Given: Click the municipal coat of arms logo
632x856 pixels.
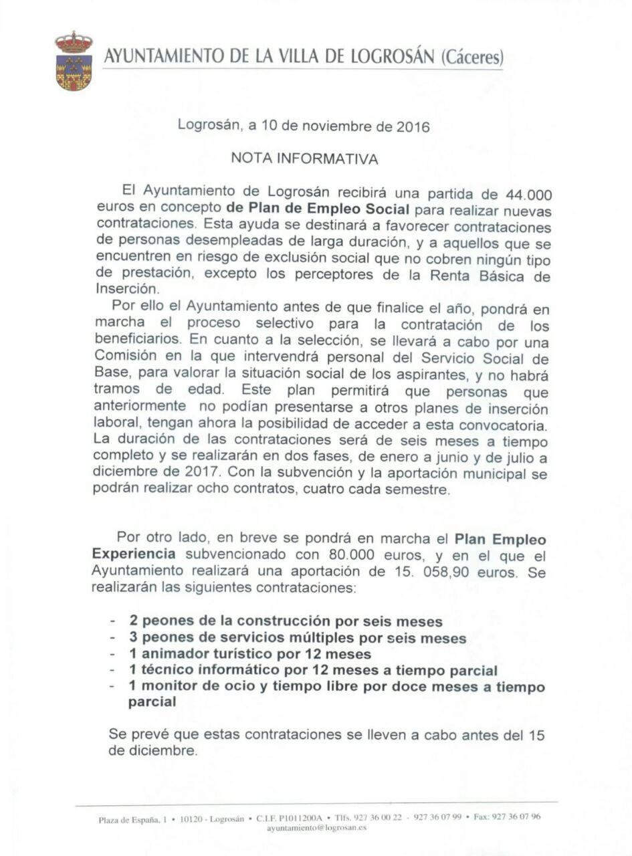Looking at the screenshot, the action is (74, 61).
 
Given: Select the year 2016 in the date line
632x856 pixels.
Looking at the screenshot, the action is (413, 126).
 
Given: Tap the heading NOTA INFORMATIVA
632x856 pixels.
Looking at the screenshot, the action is (304, 159).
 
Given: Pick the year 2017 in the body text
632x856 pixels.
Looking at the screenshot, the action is (201, 473).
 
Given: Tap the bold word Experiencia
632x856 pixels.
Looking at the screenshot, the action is (134, 554).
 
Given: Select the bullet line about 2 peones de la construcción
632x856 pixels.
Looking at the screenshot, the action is (286, 621).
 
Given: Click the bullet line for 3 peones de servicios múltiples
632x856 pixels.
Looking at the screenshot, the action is (298, 638).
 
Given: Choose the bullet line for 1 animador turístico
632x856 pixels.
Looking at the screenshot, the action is (250, 654).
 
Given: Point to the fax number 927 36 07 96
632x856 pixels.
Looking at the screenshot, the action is (516, 817).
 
